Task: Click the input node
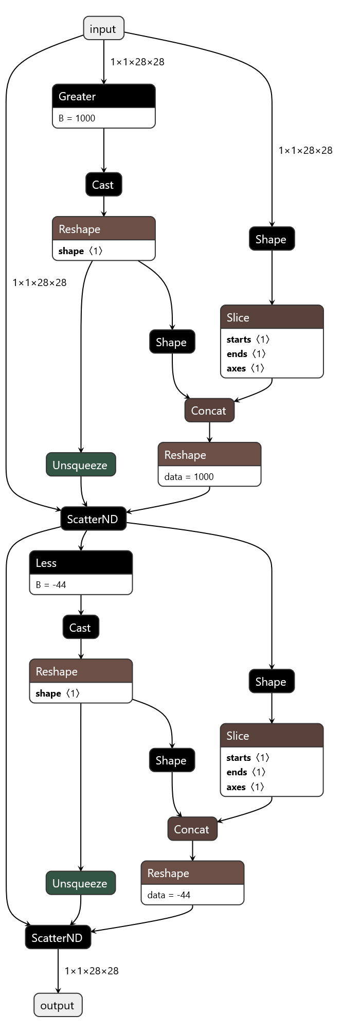pyautogui.click(x=103, y=29)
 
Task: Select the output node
pyautogui.click(x=58, y=1005)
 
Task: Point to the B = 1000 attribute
pyautogui.click(x=77, y=118)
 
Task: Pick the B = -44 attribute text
pyautogui.click(x=51, y=585)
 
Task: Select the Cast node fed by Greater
pyautogui.click(x=103, y=185)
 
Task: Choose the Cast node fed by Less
pyautogui.click(x=81, y=628)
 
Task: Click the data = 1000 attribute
pyautogui.click(x=189, y=477)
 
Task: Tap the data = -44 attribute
pyautogui.click(x=169, y=895)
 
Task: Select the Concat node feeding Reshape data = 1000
pyautogui.click(x=209, y=411)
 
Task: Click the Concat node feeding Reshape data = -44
pyautogui.click(x=192, y=829)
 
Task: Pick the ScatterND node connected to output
pyautogui.click(x=58, y=938)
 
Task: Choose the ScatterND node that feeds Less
pyautogui.click(x=93, y=519)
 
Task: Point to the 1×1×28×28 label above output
pyautogui.click(x=92, y=971)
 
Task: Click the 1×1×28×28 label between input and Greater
pyautogui.click(x=137, y=62)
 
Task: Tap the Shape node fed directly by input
pyautogui.click(x=272, y=239)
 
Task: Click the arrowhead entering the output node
pyautogui.click(x=58, y=990)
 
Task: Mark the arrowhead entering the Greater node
pyautogui.click(x=103, y=81)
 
